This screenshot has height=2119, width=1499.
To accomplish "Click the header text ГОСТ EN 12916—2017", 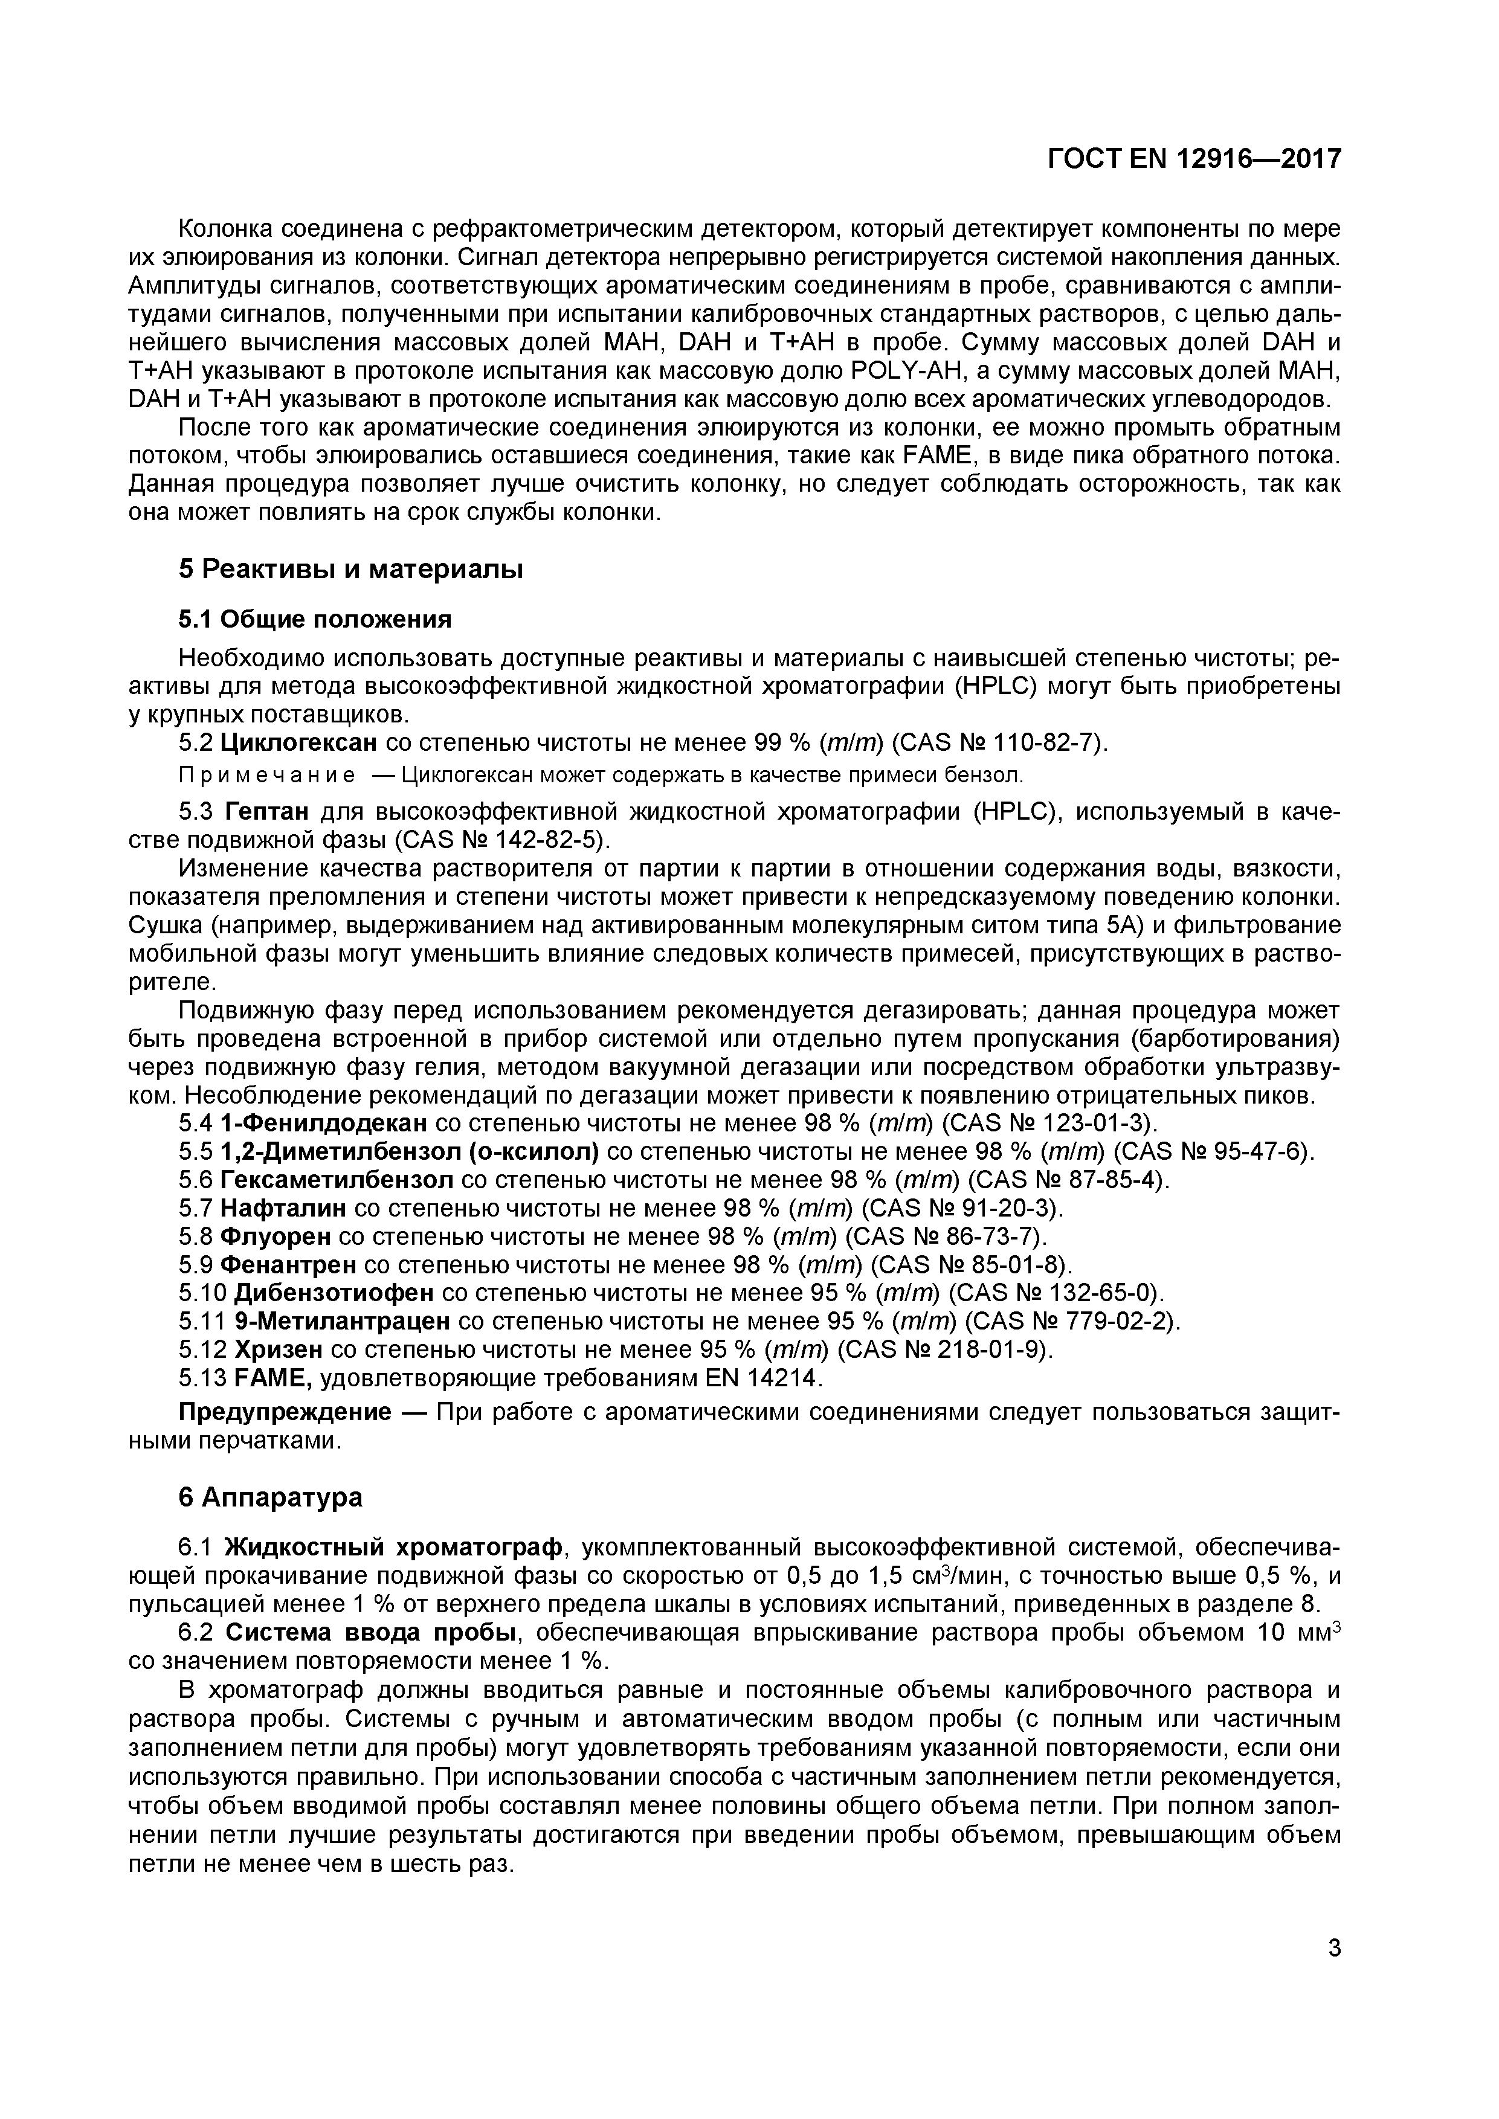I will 1193,159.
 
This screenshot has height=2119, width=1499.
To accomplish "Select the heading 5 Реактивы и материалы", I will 351,570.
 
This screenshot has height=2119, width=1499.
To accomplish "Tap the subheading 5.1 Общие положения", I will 315,619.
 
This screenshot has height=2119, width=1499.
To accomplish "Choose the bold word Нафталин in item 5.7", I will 283,1208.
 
